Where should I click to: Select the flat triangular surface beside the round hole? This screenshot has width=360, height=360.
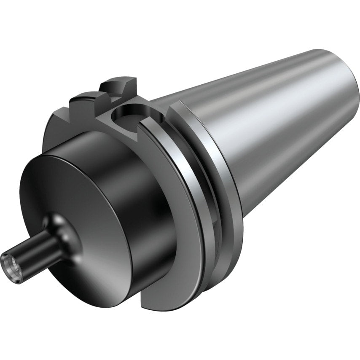click(122, 131)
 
